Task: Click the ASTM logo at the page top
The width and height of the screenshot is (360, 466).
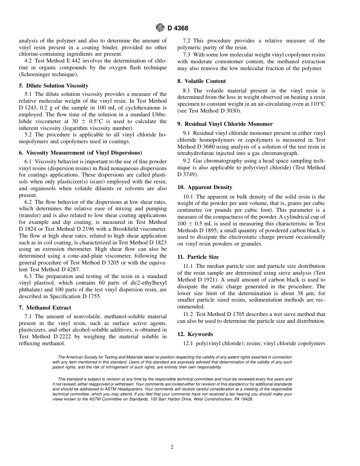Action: (x=160, y=28)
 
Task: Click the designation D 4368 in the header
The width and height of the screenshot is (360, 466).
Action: (x=178, y=28)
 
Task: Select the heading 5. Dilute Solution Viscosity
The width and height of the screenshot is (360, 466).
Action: (x=53, y=86)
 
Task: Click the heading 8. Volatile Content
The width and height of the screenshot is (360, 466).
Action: (x=201, y=81)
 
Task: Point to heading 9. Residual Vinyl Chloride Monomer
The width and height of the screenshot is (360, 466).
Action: (x=225, y=124)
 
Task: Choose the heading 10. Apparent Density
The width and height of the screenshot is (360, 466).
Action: (x=205, y=187)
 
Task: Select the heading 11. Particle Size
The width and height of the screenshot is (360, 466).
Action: (x=198, y=257)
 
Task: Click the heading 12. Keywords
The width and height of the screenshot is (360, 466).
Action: (x=195, y=334)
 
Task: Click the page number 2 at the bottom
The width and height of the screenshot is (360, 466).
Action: (x=172, y=447)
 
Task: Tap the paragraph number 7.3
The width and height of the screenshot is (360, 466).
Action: (x=187, y=55)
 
